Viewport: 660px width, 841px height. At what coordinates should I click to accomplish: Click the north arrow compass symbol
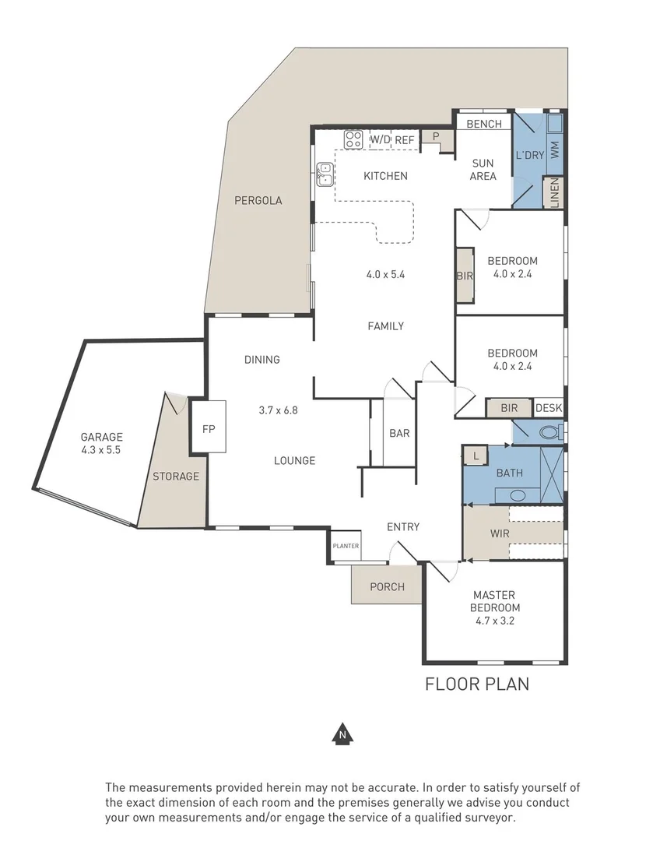click(x=340, y=734)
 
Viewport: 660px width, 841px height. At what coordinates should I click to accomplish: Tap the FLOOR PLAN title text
click(x=476, y=684)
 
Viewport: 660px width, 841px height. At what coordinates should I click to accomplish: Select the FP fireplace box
click(x=208, y=428)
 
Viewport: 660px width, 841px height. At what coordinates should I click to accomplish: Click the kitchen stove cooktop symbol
click(x=353, y=140)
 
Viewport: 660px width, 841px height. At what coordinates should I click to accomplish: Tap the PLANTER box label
click(x=346, y=546)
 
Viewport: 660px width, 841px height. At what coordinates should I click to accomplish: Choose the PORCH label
click(x=387, y=586)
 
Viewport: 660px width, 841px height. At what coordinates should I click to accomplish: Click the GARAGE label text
click(x=101, y=437)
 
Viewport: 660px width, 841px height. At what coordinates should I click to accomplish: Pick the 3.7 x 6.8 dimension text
click(x=278, y=410)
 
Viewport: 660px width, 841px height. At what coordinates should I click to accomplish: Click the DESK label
click(x=548, y=408)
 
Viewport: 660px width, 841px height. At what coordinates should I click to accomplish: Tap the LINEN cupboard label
click(x=555, y=193)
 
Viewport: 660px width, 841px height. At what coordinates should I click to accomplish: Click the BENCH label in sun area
click(x=483, y=124)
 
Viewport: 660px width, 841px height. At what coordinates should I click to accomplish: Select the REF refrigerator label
click(x=405, y=140)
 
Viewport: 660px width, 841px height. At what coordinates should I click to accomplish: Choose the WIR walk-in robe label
click(x=499, y=534)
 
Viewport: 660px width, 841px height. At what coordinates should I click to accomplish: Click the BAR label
click(x=398, y=434)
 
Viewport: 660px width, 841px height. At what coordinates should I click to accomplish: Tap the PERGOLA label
click(x=258, y=200)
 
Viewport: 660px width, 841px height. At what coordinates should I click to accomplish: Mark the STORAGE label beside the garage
click(x=175, y=476)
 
